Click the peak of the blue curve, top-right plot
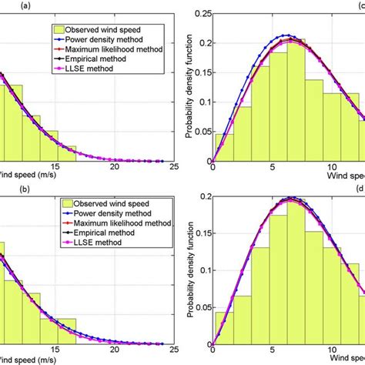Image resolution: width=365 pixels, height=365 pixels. (x=286, y=35)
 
